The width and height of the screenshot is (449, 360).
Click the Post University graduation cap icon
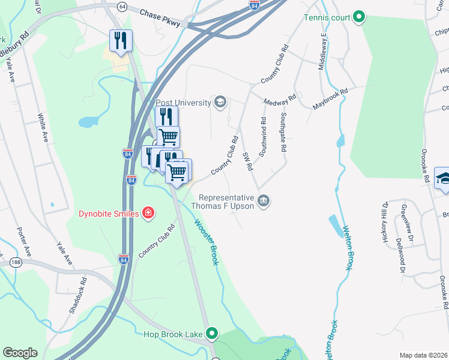click(220, 103)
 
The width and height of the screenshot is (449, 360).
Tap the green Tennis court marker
click(359, 16)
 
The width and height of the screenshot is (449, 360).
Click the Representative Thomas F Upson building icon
click(263, 201)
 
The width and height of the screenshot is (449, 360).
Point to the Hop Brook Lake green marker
click(211, 333)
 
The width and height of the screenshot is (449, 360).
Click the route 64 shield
click(122, 6)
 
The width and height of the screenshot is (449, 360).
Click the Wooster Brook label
click(205, 241)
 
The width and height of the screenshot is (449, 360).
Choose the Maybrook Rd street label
click(330, 100)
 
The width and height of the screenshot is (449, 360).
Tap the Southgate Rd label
click(283, 132)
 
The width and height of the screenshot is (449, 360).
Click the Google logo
click(20, 353)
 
